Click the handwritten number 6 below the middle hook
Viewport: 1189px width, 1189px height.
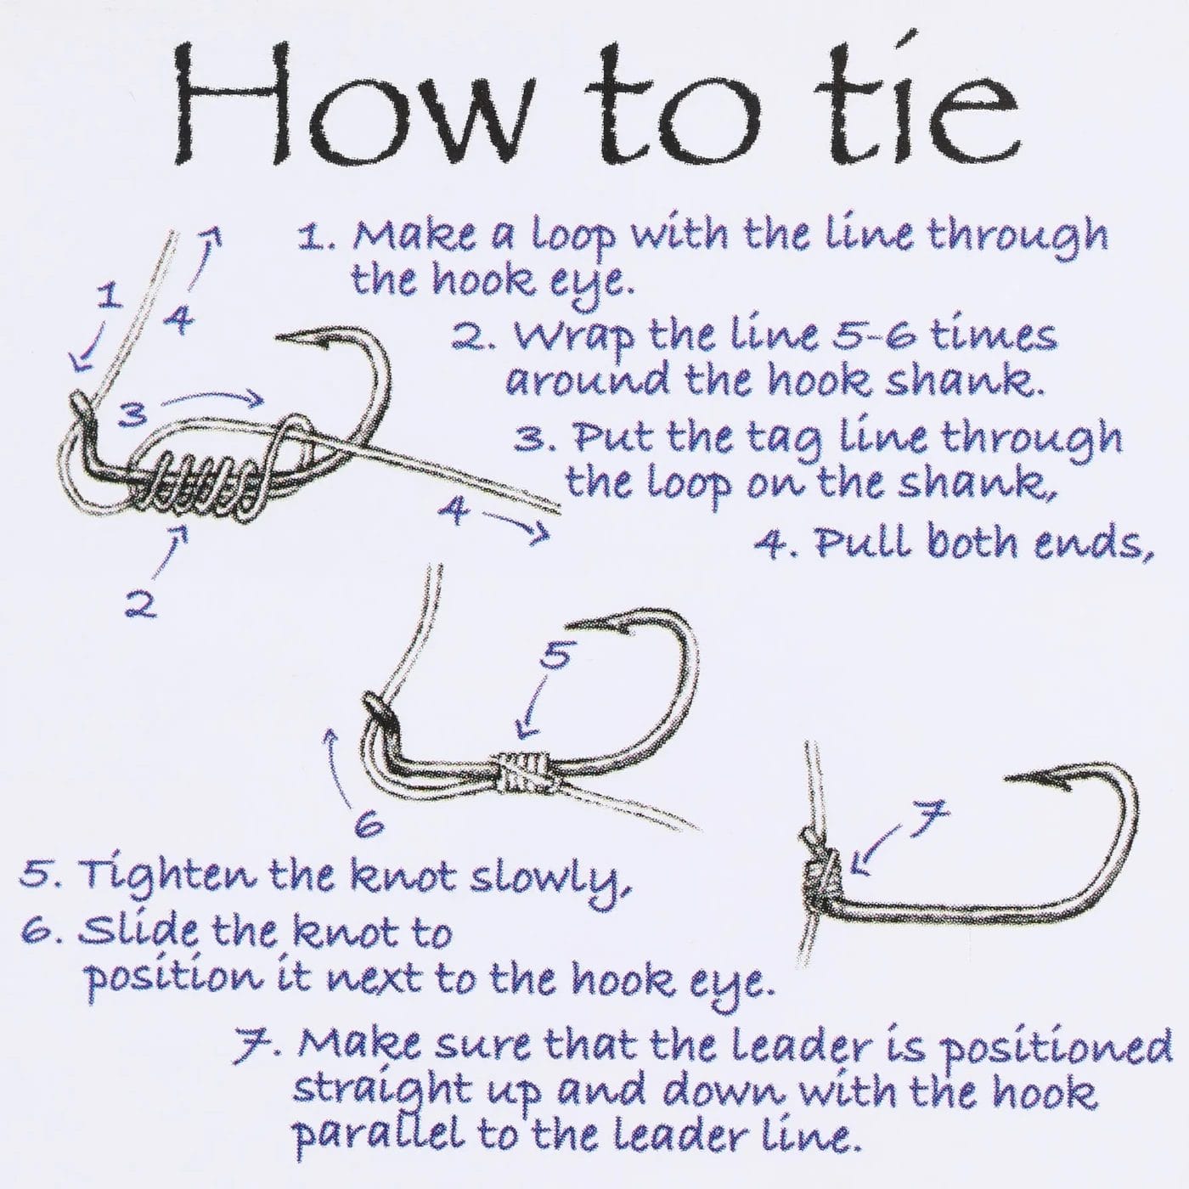[x=369, y=827]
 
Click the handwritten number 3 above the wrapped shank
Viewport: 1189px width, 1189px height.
[x=133, y=415]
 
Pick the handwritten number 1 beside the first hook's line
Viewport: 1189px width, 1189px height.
[x=108, y=296]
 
